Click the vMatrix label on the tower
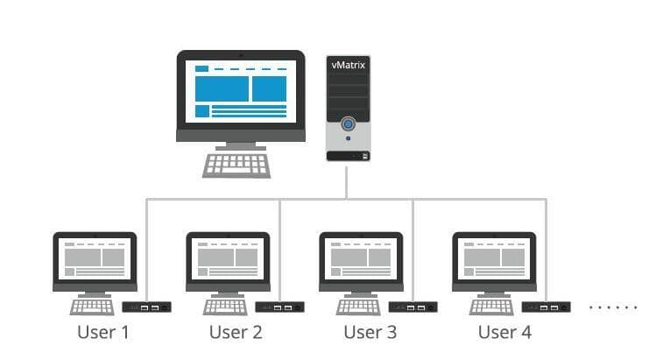click(x=347, y=64)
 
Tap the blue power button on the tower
click(x=348, y=124)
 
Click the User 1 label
click(x=102, y=332)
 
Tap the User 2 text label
click(x=236, y=332)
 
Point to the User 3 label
click(x=370, y=332)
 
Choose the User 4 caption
click(x=504, y=332)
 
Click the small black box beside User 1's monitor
click(x=146, y=307)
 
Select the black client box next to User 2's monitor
click(x=279, y=307)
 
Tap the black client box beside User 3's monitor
click(x=413, y=307)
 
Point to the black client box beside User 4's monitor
click(x=546, y=307)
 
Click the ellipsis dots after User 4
click(x=613, y=307)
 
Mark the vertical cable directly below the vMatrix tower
click(x=347, y=181)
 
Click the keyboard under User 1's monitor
click(x=93, y=306)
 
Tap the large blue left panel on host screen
click(x=222, y=88)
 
